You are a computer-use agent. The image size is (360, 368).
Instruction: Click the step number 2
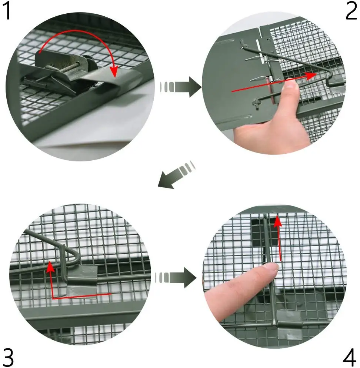click(351, 11)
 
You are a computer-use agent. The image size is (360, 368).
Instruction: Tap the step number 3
click(9, 357)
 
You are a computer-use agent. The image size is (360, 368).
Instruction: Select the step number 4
click(350, 357)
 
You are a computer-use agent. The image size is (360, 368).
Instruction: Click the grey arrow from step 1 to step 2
click(180, 87)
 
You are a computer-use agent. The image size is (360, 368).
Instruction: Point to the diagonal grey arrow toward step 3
click(176, 175)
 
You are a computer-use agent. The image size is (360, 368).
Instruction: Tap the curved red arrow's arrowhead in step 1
click(114, 71)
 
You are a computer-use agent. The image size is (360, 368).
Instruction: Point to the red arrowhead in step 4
click(278, 221)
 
